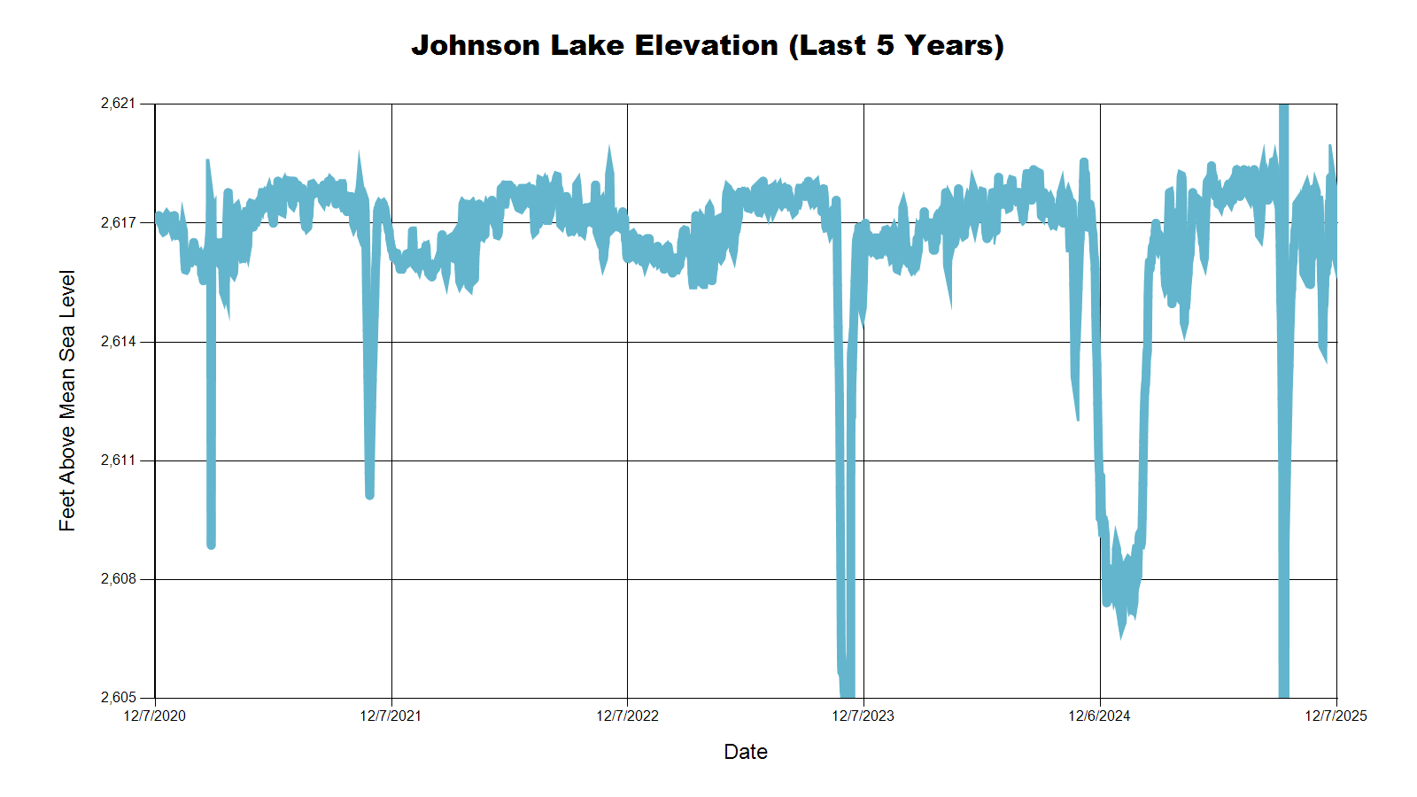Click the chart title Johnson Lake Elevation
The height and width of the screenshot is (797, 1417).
708,45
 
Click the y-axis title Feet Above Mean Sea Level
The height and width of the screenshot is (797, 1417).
67,400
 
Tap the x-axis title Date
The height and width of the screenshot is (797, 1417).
746,752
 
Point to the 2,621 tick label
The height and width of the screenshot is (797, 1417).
119,104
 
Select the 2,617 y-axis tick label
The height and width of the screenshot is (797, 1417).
119,222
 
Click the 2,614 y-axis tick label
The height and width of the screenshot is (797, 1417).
119,342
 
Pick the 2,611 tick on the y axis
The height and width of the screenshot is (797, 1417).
119,460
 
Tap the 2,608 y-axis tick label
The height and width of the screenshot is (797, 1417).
119,579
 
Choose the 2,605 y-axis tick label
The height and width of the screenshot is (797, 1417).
119,698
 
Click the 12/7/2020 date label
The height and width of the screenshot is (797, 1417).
155,716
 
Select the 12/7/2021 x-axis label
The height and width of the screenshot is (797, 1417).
391,716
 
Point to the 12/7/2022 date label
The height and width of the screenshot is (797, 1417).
627,716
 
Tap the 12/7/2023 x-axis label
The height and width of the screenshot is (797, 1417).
863,716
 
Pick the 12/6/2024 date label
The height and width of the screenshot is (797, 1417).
1099,716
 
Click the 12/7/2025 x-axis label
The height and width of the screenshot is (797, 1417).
1336,716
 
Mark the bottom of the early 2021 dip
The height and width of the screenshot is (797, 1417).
211,545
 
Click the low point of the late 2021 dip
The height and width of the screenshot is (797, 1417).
369,495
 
